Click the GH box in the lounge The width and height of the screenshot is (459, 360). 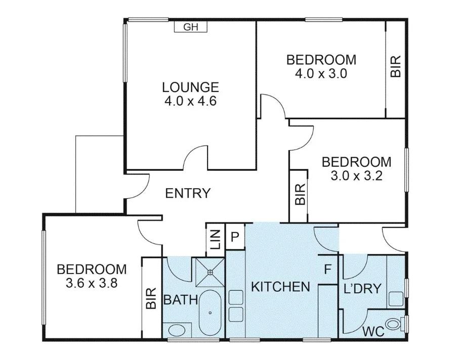191,27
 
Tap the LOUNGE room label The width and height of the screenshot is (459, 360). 190,87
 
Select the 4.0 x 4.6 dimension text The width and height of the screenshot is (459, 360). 190,101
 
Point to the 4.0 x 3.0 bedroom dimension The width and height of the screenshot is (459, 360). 321,73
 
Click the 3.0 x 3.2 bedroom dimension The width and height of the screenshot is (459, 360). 356,176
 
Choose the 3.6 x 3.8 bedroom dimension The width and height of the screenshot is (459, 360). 92,283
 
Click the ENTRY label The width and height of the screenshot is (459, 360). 188,193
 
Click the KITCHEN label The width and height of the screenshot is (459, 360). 280,287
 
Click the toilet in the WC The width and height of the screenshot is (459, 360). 394,323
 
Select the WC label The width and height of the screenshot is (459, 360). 373,332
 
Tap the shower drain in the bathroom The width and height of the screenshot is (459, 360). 210,271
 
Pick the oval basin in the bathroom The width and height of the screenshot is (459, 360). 177,331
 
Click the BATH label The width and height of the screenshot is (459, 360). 180,300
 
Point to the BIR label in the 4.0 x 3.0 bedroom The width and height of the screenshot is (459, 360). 396,66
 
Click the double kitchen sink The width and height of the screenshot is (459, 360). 235,306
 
